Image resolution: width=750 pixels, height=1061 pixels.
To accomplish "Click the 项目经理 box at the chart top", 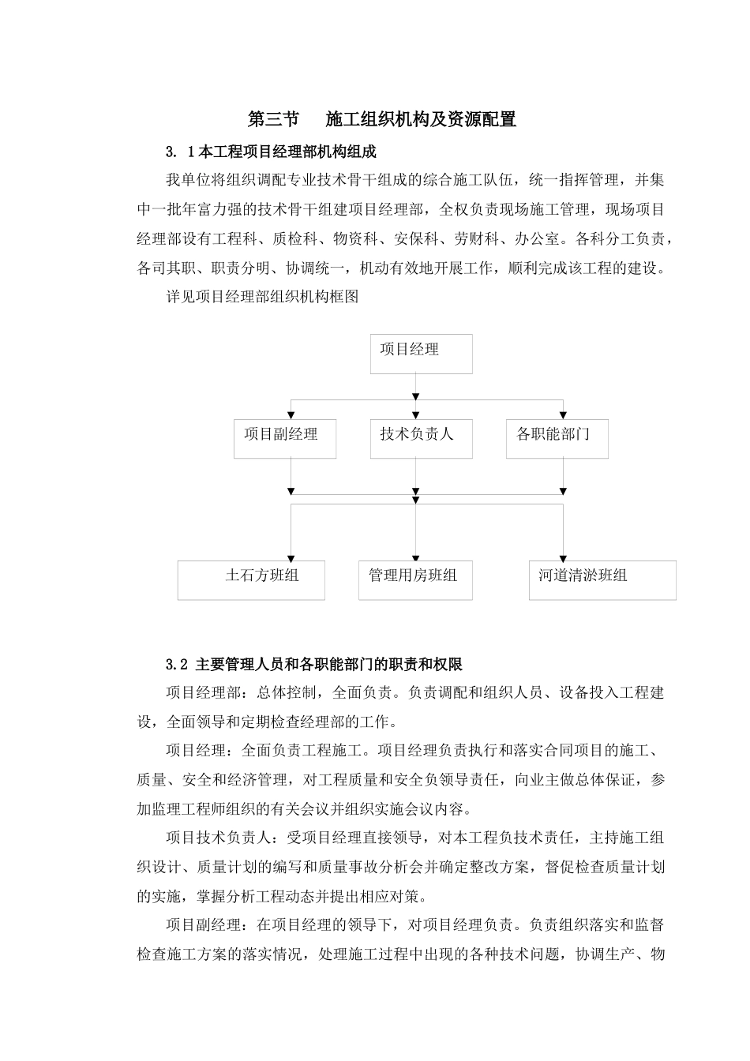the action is pyautogui.click(x=422, y=353).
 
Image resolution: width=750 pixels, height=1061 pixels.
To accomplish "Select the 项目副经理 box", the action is pyautogui.click(x=285, y=439).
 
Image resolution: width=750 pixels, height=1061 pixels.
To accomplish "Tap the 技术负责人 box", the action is pyautogui.click(x=422, y=439).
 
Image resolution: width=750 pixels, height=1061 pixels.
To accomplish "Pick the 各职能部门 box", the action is pyautogui.click(x=557, y=439).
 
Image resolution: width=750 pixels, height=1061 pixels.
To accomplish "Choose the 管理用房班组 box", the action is pyautogui.click(x=415, y=580).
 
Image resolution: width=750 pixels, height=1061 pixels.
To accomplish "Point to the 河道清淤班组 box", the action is pyautogui.click(x=602, y=580).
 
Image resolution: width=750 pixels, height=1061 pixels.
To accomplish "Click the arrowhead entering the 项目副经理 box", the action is pyautogui.click(x=291, y=416).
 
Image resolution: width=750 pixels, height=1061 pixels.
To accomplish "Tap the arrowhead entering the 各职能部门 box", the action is pyautogui.click(x=563, y=416).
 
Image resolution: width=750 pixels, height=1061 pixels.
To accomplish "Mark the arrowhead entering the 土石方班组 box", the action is pyautogui.click(x=291, y=557).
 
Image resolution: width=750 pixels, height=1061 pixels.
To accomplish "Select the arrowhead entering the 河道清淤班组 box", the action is pyautogui.click(x=563, y=557).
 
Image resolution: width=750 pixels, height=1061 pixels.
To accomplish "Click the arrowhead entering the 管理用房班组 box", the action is pyautogui.click(x=416, y=557).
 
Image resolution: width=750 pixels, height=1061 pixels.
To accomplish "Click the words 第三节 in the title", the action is pyautogui.click(x=273, y=119).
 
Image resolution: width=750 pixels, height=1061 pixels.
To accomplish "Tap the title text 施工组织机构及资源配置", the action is pyautogui.click(x=421, y=119).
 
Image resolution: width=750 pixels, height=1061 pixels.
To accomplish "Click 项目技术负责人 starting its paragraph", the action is pyautogui.click(x=219, y=838).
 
